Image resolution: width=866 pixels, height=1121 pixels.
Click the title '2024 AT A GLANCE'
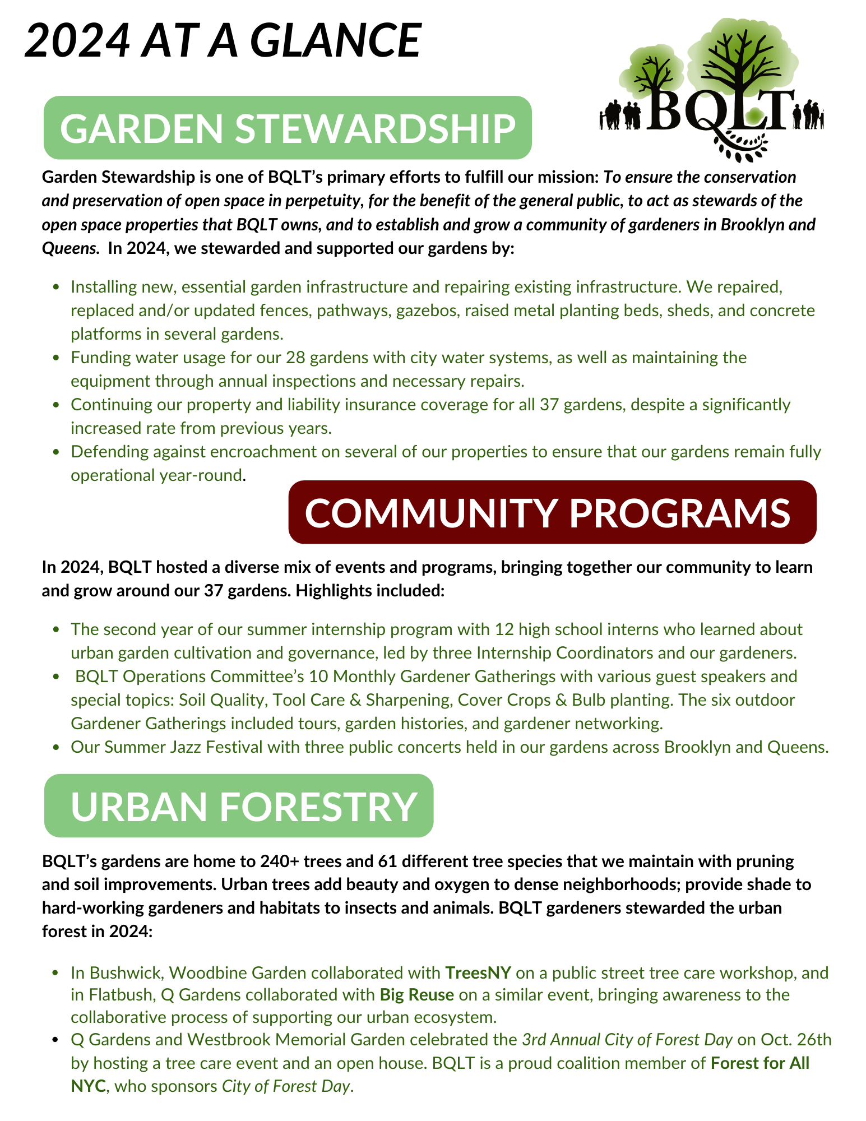[x=223, y=40]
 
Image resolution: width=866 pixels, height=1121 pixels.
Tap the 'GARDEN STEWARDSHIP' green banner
[x=288, y=128]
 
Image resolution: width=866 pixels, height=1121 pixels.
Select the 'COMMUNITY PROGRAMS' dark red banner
[x=552, y=512]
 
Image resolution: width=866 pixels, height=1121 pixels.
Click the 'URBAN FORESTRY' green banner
[x=239, y=806]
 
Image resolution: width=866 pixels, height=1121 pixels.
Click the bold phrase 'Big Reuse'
[x=416, y=995]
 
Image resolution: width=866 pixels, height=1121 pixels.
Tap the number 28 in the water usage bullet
[x=295, y=358]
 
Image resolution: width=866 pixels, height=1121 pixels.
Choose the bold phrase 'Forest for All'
[x=760, y=1063]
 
